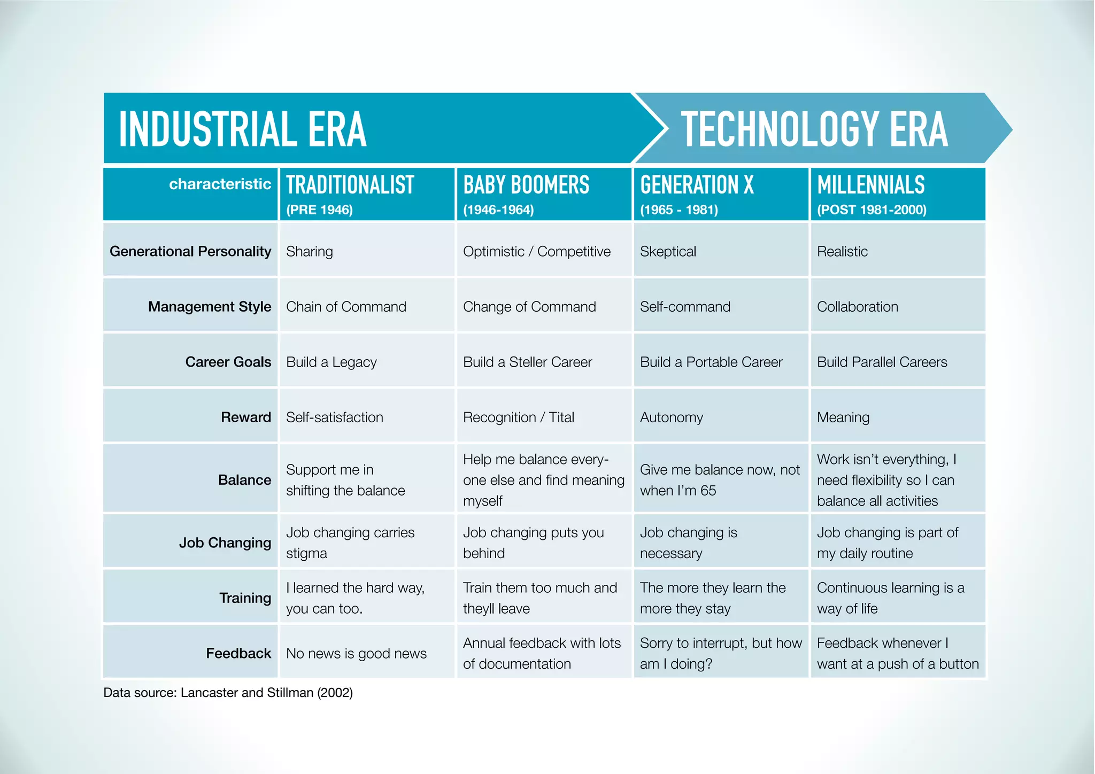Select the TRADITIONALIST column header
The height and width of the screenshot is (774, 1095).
(x=350, y=185)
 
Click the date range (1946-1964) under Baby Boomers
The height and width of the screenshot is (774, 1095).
(x=498, y=210)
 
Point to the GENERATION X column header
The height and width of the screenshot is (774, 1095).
(x=697, y=185)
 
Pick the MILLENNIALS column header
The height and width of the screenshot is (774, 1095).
(x=870, y=185)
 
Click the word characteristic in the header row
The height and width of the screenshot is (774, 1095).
(x=220, y=184)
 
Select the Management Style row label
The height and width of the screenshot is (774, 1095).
(x=210, y=306)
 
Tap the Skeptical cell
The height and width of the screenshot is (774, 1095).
(x=668, y=251)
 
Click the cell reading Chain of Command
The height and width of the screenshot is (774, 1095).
(x=346, y=306)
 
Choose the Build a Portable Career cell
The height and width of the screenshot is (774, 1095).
(x=711, y=362)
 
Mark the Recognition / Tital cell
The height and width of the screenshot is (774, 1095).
(x=518, y=417)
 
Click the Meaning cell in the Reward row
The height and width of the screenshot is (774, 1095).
(x=843, y=417)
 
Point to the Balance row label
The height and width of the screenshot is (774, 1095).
(x=244, y=479)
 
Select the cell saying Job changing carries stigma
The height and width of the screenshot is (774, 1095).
(x=350, y=543)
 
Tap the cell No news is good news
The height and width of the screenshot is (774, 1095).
(x=356, y=653)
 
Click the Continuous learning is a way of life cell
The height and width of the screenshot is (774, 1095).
(x=890, y=598)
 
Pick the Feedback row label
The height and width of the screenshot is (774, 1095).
(x=238, y=653)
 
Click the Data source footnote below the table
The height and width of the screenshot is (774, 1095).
(x=228, y=692)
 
